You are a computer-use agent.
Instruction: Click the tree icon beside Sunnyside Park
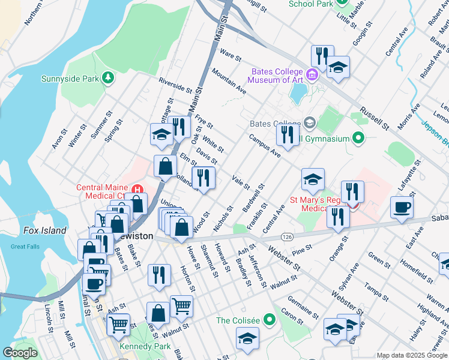108,78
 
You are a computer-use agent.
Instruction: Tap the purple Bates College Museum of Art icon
312,75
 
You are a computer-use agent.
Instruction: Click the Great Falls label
25,247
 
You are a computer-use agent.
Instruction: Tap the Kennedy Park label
145,347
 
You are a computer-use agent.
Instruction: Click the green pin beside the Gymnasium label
358,139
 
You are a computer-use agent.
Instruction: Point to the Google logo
20,353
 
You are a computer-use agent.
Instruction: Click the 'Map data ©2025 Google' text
412,355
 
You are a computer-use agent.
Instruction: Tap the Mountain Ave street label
229,80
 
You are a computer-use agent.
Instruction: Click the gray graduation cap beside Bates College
309,123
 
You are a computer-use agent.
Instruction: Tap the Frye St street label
204,120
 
